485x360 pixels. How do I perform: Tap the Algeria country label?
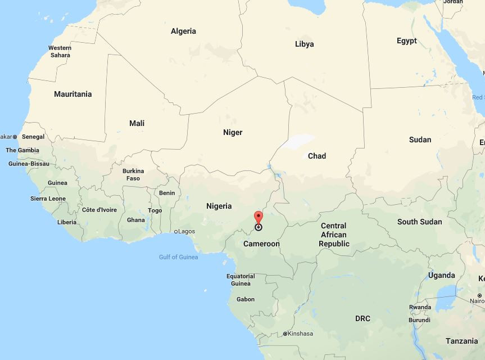[x=183, y=31]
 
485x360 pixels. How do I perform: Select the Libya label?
[x=304, y=44]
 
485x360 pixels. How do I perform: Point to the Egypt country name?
[x=406, y=41]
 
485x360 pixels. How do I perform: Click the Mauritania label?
[x=72, y=94]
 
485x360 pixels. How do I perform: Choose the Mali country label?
[x=137, y=123]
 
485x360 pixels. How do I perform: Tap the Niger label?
[x=233, y=132]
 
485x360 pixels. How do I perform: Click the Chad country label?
[x=316, y=156]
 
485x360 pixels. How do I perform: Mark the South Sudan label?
[x=419, y=222]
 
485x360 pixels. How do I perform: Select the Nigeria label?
[x=219, y=206]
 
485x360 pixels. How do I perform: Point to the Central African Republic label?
[x=334, y=235]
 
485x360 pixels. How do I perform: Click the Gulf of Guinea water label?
[x=178, y=257]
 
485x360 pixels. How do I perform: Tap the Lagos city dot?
[x=176, y=231]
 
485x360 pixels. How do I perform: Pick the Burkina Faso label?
[x=133, y=174]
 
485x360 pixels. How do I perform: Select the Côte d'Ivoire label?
[x=99, y=210]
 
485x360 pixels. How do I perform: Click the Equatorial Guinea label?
[x=241, y=280]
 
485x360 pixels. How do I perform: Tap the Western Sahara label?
[x=60, y=52]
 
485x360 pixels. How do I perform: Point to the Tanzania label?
[x=461, y=341]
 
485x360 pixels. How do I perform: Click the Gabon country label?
[x=246, y=299]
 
